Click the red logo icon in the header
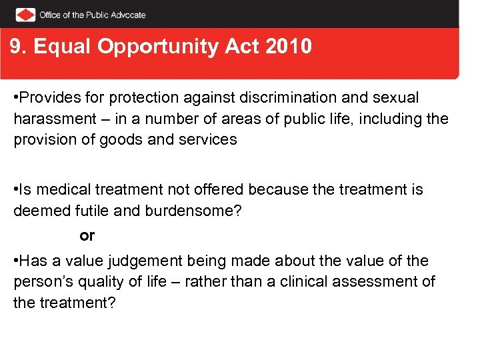[26, 14]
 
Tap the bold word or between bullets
[87, 235]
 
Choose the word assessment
[378, 281]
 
